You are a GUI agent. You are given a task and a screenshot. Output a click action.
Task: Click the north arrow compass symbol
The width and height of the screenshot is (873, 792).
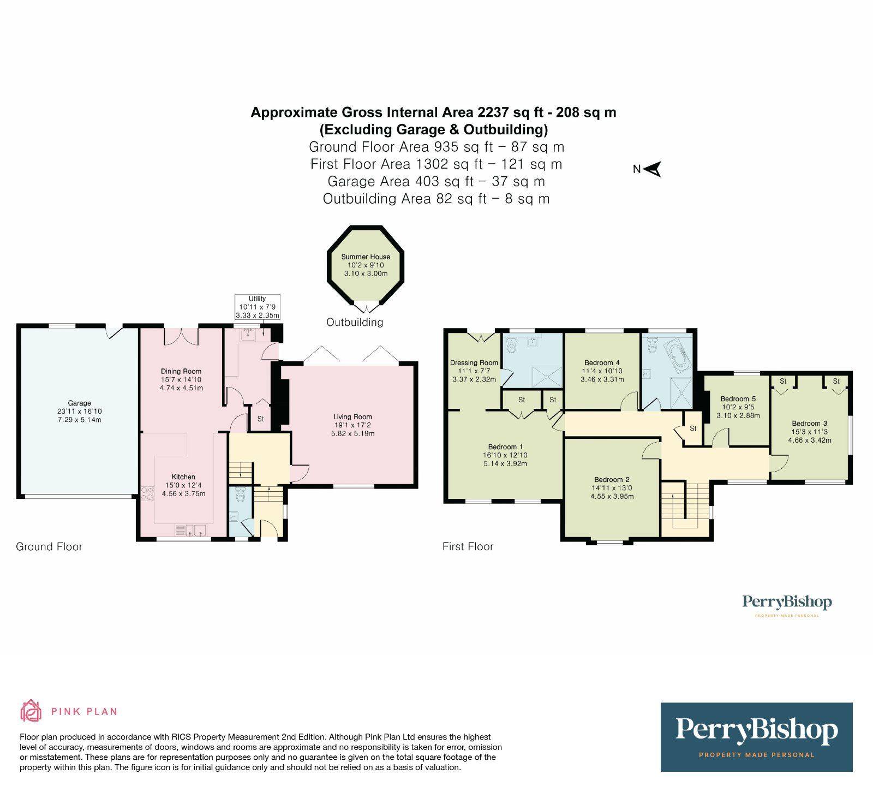click(x=653, y=169)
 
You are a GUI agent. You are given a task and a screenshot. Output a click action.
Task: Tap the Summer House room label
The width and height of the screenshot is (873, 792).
click(x=366, y=257)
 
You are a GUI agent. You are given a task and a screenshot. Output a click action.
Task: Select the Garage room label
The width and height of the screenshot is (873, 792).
click(x=80, y=403)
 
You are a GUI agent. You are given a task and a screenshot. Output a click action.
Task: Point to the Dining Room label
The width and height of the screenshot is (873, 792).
click(x=181, y=371)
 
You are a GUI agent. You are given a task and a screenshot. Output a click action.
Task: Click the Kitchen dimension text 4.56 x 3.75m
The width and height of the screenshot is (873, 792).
click(x=184, y=493)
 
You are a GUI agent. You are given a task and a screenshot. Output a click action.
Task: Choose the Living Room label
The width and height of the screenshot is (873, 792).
click(x=352, y=416)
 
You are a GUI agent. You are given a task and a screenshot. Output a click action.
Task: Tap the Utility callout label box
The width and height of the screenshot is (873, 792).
click(x=258, y=307)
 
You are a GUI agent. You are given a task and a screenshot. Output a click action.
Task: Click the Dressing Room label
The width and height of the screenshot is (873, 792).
click(x=474, y=362)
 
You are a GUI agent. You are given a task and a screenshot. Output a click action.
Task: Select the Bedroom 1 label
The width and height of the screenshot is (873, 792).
click(x=506, y=446)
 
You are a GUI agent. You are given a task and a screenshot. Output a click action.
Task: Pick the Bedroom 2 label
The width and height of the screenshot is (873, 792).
click(x=612, y=480)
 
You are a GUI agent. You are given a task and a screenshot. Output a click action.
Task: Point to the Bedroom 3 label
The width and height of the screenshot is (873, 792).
click(x=810, y=423)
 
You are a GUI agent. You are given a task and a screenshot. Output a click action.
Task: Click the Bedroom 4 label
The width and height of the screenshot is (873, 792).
click(x=602, y=362)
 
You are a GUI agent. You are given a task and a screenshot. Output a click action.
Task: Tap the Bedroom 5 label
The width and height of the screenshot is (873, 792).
click(x=738, y=399)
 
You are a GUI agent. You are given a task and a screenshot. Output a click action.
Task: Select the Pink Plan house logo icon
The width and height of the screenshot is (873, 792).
click(x=31, y=711)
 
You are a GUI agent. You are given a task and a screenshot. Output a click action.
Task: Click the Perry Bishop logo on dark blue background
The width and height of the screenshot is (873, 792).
click(x=756, y=737)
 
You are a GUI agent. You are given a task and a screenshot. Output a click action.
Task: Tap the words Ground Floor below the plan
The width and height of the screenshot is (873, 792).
click(x=49, y=546)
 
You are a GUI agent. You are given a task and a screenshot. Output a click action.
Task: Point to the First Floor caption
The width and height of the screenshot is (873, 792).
click(x=468, y=546)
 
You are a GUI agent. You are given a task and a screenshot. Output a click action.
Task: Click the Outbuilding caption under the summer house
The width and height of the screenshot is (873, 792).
click(x=355, y=322)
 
